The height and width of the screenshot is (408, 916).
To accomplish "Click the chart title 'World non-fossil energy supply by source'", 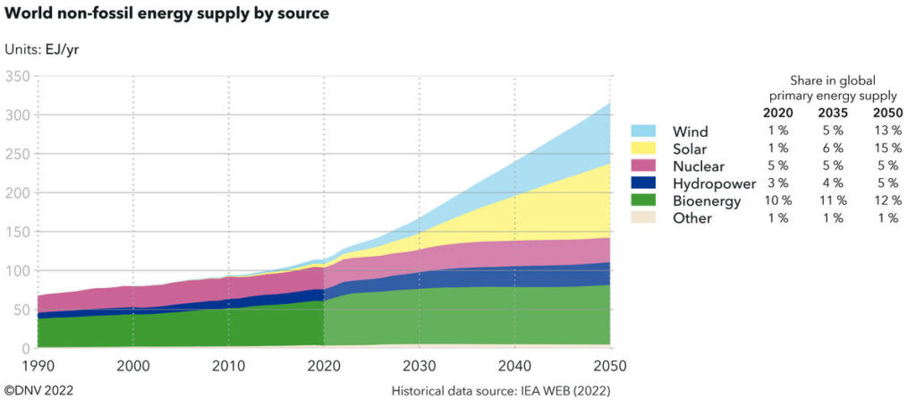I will (x=166, y=13).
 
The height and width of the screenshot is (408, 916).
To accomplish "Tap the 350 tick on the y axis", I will (x=16, y=76).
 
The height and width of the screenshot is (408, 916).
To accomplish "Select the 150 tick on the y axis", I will (x=16, y=232).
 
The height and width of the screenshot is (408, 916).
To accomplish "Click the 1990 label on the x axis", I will (x=38, y=366).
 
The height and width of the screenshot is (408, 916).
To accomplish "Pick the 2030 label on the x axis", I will (x=419, y=366).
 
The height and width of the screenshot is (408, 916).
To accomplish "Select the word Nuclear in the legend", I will (x=698, y=166).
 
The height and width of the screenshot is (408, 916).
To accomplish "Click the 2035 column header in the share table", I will (x=833, y=113).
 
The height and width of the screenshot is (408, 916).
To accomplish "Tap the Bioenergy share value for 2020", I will (x=777, y=200).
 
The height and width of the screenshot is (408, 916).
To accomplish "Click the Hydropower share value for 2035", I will (x=833, y=183).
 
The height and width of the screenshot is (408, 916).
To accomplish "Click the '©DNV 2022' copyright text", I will (x=38, y=392).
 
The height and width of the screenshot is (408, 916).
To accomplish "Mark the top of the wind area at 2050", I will (x=609, y=104).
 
